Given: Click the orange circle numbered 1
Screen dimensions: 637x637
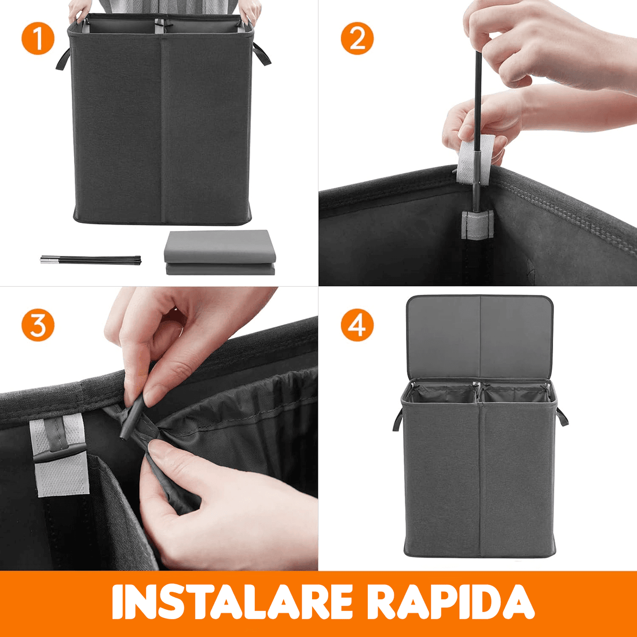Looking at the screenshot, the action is [x=38, y=38].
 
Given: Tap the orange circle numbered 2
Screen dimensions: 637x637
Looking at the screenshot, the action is [x=357, y=38].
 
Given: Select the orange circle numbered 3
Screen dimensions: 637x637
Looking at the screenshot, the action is [x=38, y=325].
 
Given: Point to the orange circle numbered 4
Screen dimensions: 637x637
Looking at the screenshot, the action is [x=357, y=325].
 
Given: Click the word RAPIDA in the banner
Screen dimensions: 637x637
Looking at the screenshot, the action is [x=453, y=602].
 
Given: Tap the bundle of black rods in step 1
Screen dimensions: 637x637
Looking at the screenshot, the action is [x=90, y=260].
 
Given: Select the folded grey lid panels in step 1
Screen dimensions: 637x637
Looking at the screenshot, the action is [x=220, y=252].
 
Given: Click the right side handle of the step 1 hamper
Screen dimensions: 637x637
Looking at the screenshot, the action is [x=261, y=54].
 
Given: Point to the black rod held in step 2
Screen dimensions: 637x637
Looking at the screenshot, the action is [x=477, y=122].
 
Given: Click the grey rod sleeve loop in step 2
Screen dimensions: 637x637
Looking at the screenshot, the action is [x=478, y=224].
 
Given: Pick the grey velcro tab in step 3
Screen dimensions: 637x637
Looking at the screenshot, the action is [x=60, y=455].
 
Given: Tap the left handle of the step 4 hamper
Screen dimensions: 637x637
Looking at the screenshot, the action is [x=398, y=419].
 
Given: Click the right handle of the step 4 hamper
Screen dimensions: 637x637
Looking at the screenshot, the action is [x=562, y=416].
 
